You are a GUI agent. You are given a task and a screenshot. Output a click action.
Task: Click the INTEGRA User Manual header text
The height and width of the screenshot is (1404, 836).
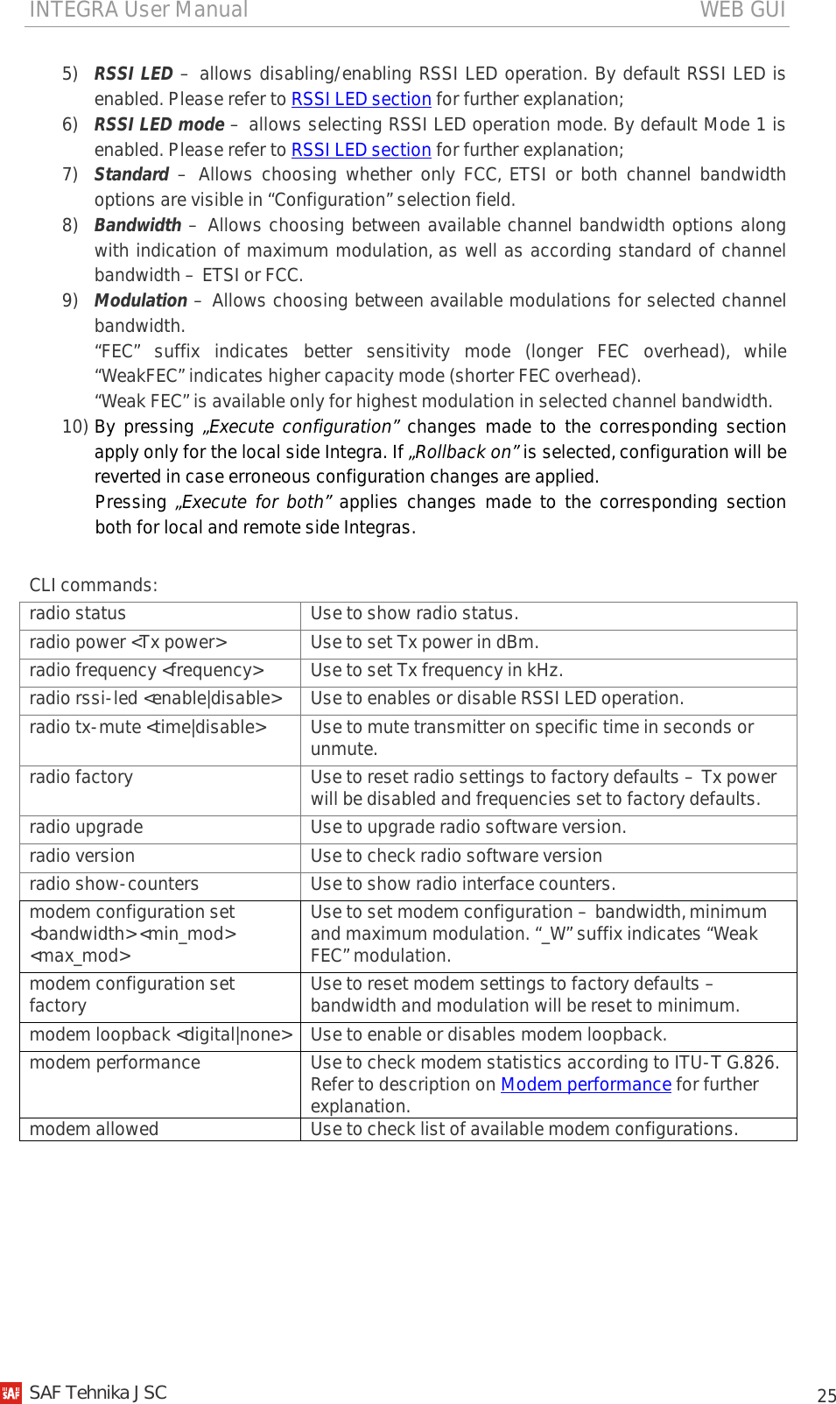click(138, 10)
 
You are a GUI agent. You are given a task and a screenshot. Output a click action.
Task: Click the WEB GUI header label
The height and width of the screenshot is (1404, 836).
click(741, 10)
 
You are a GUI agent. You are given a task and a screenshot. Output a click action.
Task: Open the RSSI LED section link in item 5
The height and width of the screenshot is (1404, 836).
click(361, 99)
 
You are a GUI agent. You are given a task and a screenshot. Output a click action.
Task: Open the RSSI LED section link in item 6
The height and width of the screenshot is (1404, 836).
click(361, 150)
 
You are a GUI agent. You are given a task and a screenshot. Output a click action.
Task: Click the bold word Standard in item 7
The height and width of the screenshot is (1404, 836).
click(131, 174)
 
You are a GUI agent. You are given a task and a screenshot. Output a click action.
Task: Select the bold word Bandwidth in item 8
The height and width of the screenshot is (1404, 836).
click(137, 225)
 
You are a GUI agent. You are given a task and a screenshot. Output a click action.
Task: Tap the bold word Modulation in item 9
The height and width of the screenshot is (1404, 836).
click(141, 300)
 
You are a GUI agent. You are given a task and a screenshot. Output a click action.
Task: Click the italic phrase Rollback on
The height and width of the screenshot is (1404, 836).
click(464, 452)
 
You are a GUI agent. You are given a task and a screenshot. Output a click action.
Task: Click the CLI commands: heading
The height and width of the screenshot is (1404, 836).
click(94, 585)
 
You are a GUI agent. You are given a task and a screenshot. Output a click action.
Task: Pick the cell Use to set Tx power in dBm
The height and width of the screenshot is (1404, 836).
click(425, 642)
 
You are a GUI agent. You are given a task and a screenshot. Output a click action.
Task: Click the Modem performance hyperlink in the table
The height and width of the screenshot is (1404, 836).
click(586, 1084)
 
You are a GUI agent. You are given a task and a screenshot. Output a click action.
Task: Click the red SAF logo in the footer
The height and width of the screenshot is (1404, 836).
click(11, 1393)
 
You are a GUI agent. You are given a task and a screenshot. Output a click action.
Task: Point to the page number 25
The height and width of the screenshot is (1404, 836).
click(826, 1395)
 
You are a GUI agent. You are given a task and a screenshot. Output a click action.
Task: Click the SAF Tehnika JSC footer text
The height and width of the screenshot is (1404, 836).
click(98, 1393)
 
